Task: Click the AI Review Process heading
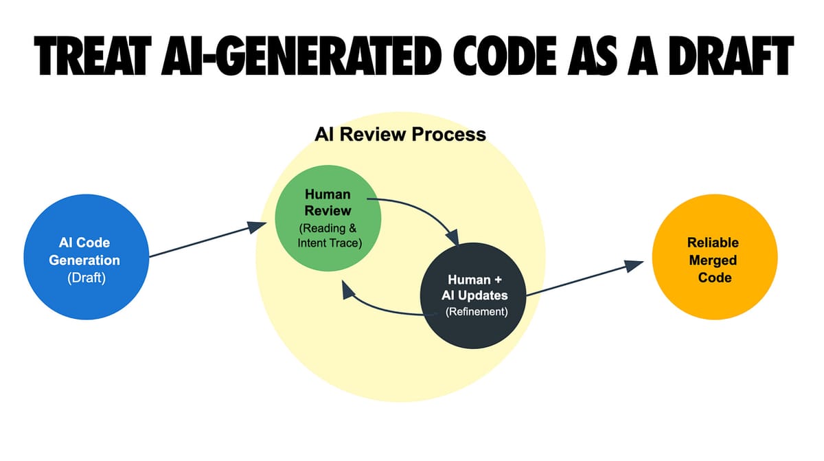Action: pos(400,134)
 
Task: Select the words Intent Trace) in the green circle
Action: pos(330,243)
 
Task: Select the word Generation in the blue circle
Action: pos(84,260)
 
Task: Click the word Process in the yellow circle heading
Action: pos(451,134)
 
